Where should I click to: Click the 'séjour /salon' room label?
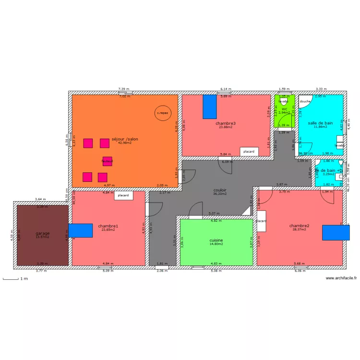[124, 139]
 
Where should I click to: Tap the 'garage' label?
[42, 233]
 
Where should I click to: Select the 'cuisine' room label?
[216, 240]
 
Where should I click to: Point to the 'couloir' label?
[220, 190]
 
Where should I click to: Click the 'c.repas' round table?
[163, 113]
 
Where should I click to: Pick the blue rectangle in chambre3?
[209, 106]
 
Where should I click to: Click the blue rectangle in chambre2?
[332, 232]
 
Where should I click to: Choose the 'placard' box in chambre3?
[249, 152]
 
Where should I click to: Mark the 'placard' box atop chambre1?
[123, 195]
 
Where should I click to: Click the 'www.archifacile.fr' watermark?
[341, 278]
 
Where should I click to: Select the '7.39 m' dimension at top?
[124, 89]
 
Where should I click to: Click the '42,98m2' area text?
[124, 143]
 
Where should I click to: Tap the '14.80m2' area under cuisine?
[216, 244]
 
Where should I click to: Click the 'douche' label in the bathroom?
[305, 101]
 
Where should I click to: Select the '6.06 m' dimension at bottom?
[300, 271]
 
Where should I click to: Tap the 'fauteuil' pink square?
[107, 161]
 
